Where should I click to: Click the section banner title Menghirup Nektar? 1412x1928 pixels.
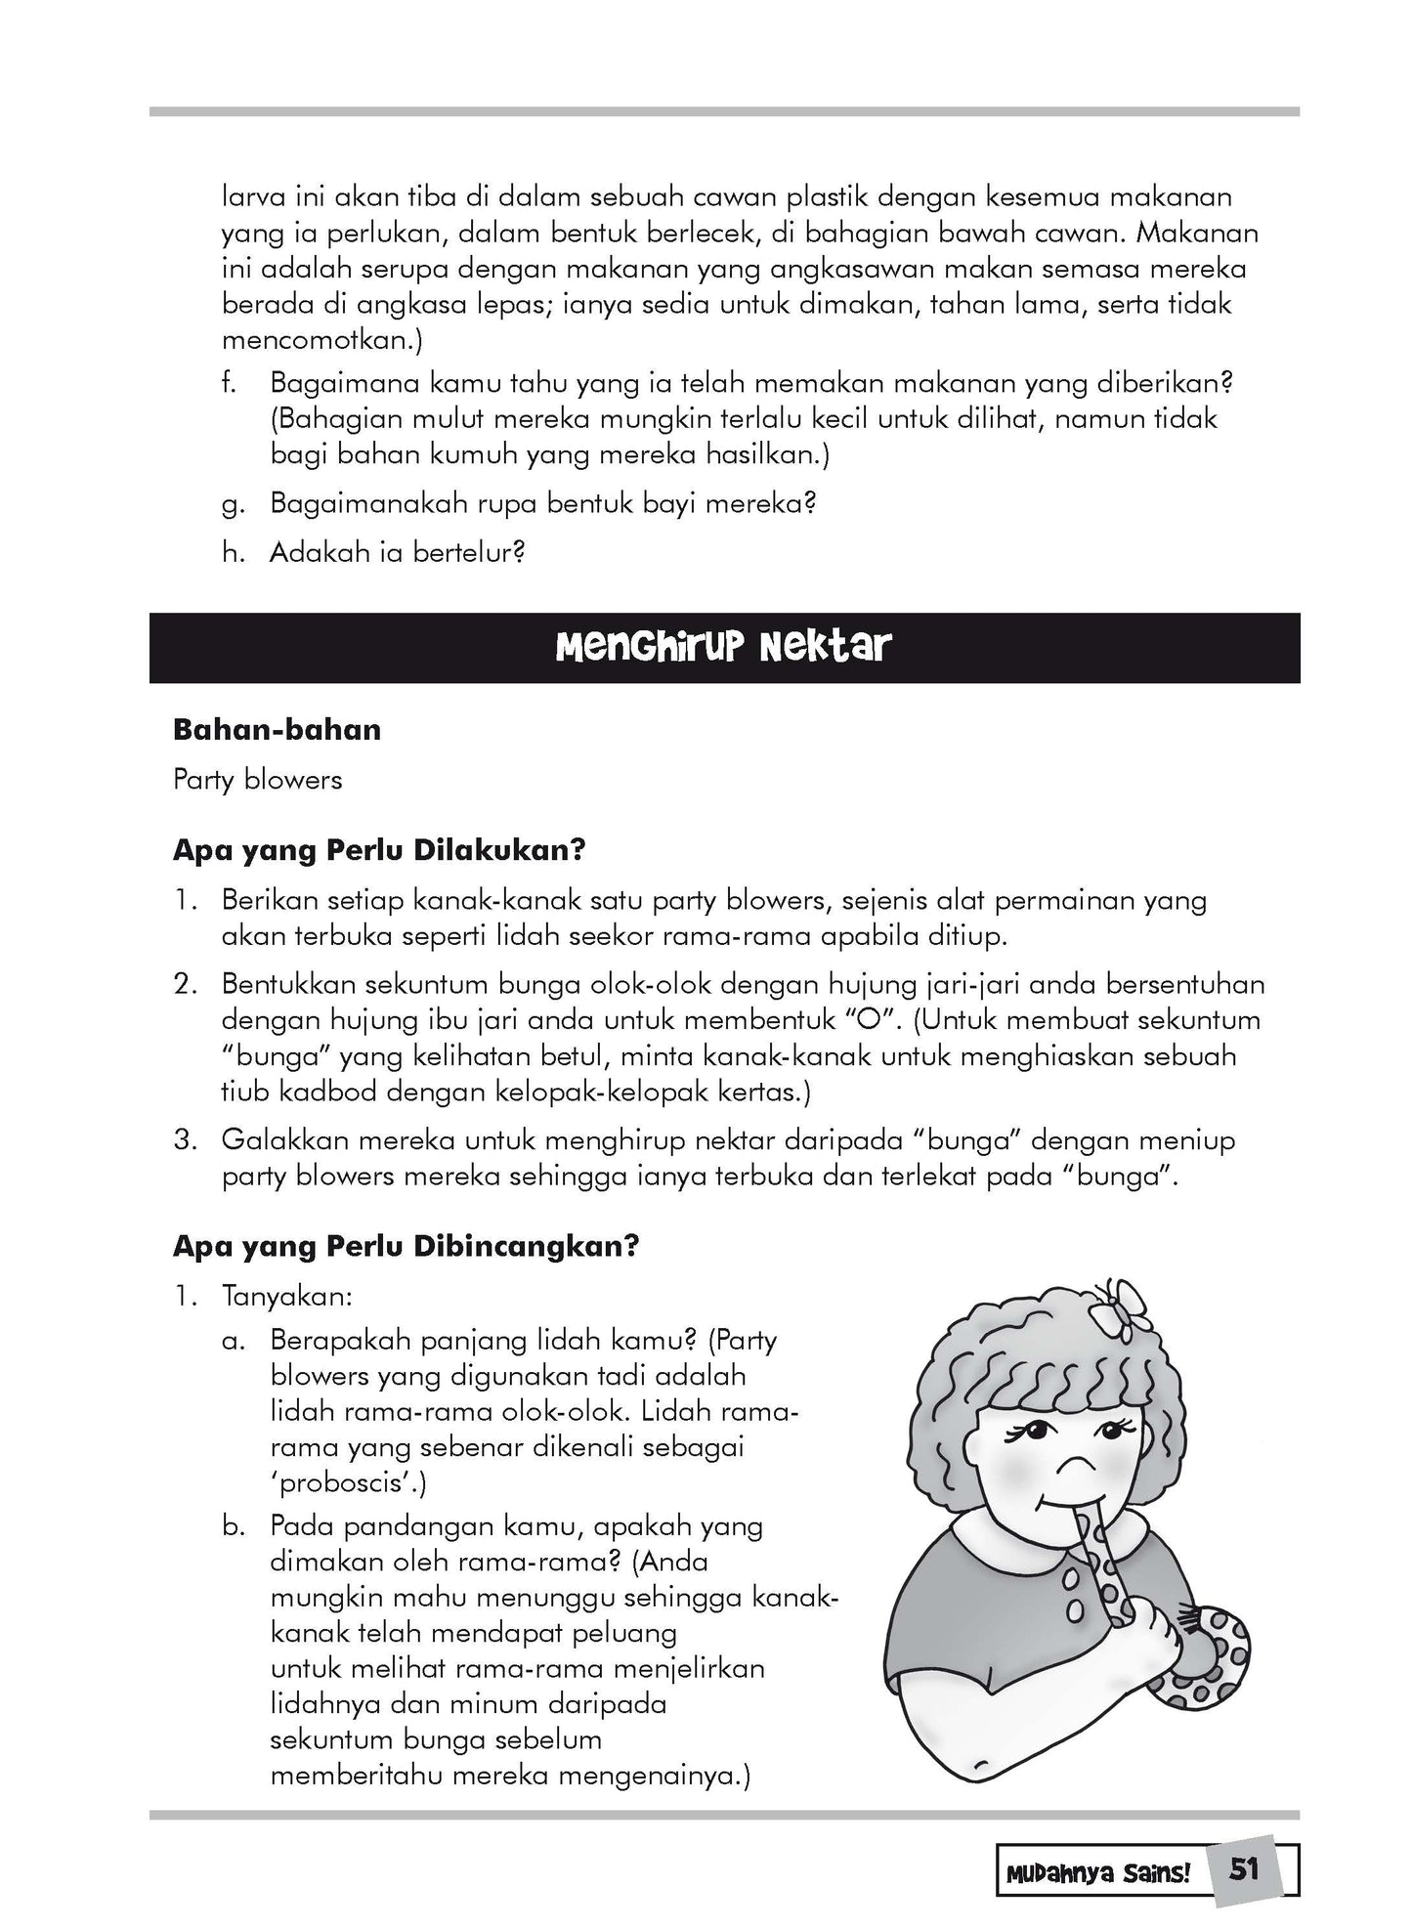click(724, 647)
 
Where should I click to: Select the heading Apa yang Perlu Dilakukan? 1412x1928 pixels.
click(378, 849)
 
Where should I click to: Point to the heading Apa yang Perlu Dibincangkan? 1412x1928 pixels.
click(406, 1246)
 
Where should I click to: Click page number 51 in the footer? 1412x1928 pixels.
click(1244, 1869)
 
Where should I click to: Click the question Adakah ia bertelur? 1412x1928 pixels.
click(398, 552)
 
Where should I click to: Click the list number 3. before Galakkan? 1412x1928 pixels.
click(186, 1140)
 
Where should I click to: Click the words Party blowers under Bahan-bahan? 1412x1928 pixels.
click(257, 779)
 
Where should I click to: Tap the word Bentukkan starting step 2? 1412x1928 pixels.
click(290, 983)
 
